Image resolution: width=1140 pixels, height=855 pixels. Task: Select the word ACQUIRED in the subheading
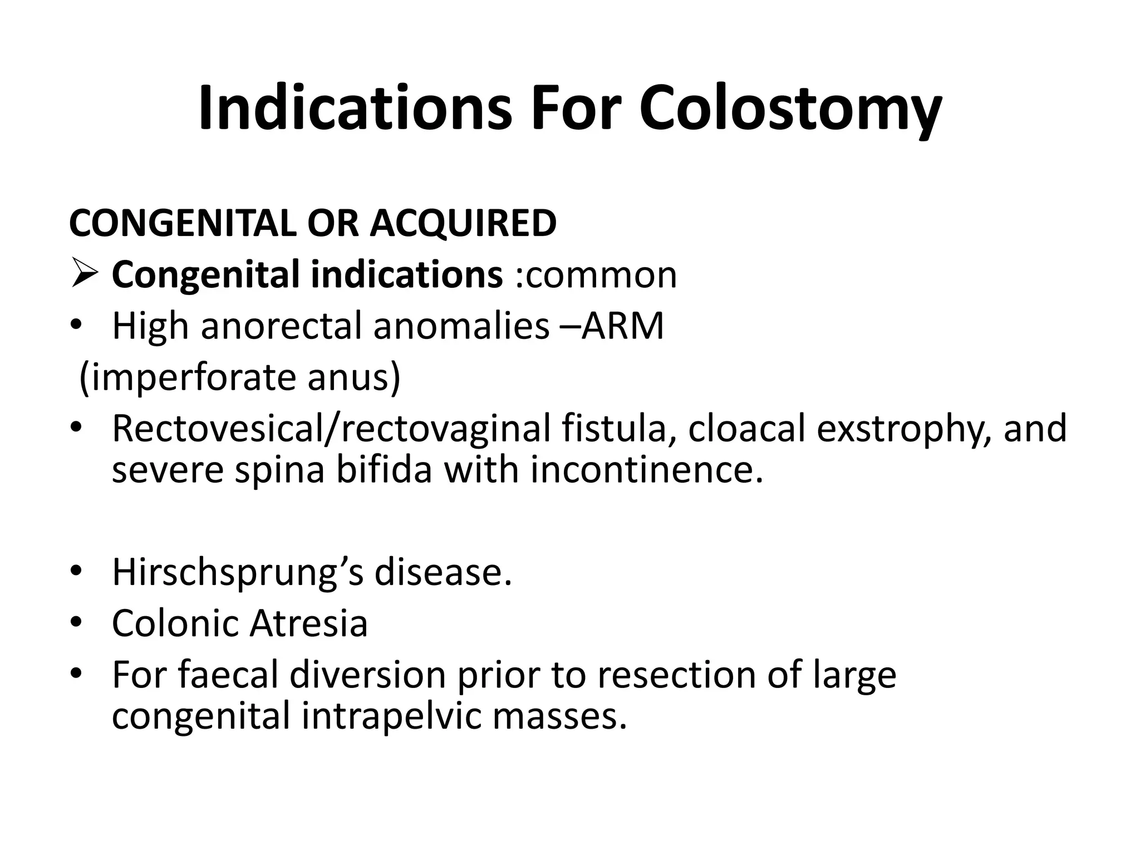coord(463,224)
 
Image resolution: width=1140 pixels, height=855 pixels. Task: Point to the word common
coord(601,275)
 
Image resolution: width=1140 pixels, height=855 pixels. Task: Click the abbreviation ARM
coord(623,326)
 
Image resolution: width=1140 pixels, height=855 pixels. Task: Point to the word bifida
coord(384,470)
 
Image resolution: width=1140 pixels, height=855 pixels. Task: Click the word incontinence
coord(646,470)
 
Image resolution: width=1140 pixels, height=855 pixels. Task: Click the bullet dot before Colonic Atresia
coord(76,621)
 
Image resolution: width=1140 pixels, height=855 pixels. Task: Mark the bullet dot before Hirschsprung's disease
coord(76,570)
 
